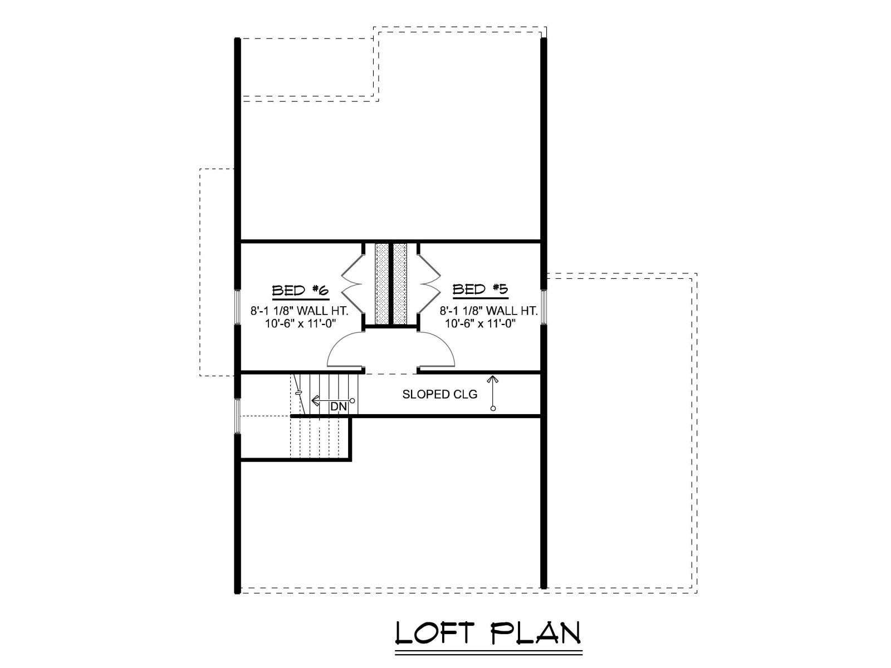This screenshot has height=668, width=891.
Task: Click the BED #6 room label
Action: coord(300,291)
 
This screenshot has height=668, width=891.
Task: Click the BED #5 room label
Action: coord(480,289)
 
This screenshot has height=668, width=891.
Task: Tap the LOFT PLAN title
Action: coord(488,633)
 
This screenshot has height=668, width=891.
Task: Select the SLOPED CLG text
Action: coord(439,394)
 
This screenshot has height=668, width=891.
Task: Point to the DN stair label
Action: coord(339,406)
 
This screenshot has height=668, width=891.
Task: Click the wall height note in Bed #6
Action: coord(300,311)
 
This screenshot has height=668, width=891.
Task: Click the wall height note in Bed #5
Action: coord(489,311)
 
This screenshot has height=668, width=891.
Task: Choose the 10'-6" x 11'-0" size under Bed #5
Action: coord(480,323)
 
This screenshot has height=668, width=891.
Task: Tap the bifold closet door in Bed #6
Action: coord(351,284)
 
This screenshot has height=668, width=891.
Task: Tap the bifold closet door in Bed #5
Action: coord(430,284)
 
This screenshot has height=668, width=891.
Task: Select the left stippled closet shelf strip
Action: coord(381,283)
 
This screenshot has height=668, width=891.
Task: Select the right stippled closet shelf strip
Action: coord(400,283)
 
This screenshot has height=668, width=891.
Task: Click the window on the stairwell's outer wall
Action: coord(237,415)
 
